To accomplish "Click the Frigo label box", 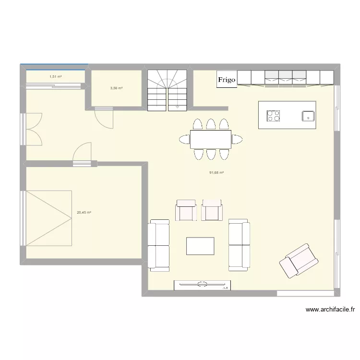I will point(227,80).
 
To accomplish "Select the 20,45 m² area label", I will point(84,213).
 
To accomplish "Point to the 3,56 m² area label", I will point(116,88).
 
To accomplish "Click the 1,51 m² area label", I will point(56,76).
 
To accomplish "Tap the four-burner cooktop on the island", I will point(274,116).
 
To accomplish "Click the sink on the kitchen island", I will point(307,116).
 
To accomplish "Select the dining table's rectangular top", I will point(211,139).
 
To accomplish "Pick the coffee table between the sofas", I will point(200,246).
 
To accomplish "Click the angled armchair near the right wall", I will point(299,260).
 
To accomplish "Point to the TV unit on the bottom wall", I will point(202,285).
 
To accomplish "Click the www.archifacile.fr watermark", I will point(330,310).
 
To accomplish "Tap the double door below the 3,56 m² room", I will point(104,117).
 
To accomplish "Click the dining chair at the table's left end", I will point(184,139).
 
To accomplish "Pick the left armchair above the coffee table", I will point(186,210).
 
